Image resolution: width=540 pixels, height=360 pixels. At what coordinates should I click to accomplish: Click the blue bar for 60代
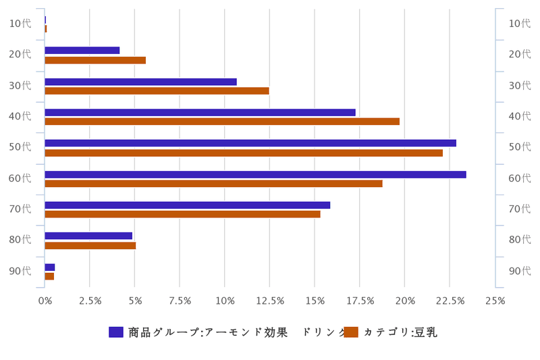[255, 174]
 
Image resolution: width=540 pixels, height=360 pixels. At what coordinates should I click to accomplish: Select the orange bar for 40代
[222, 122]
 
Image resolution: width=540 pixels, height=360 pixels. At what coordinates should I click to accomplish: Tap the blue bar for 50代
[250, 143]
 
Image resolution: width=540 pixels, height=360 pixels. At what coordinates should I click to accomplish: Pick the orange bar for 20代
[95, 60]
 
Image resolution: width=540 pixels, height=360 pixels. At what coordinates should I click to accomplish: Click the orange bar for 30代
[157, 91]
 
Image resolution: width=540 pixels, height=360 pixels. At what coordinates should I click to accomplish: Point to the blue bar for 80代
[88, 236]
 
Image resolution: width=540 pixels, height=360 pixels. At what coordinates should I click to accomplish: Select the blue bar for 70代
[187, 205]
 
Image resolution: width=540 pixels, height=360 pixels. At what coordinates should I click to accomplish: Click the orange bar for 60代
[213, 184]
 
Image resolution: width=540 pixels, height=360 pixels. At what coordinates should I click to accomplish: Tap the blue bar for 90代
[49, 267]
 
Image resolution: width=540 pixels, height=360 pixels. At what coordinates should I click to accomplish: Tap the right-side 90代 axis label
[518, 271]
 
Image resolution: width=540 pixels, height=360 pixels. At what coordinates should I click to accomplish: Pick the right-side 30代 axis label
[518, 86]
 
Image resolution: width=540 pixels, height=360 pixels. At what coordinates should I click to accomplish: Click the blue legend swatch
[115, 332]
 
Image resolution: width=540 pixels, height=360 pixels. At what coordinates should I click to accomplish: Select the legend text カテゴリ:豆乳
[400, 332]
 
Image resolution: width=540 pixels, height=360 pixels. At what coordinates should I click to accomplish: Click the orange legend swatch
[350, 332]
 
